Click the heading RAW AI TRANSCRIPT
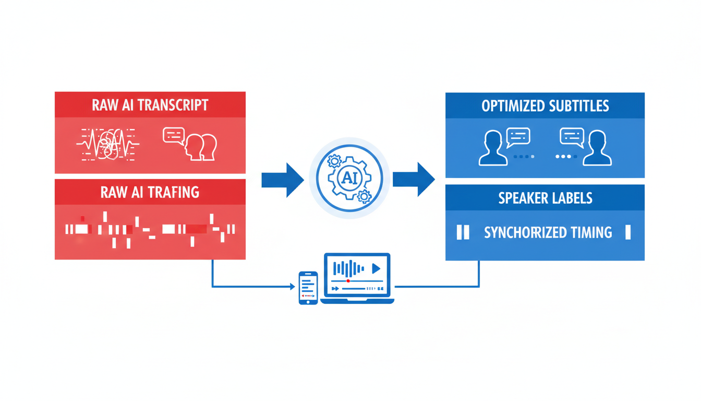[150, 105]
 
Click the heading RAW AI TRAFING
[150, 192]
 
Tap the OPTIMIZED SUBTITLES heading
[545, 106]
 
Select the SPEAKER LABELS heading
[545, 198]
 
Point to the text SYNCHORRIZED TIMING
[548, 232]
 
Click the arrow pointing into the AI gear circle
[282, 179]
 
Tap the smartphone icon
[308, 288]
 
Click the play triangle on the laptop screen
[376, 268]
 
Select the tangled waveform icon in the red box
[107, 143]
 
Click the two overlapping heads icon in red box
[201, 147]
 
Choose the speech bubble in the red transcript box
[174, 135]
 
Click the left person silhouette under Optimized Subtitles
[492, 148]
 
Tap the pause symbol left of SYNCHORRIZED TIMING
[463, 232]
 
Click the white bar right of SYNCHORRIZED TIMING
[627, 232]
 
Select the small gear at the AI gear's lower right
[364, 196]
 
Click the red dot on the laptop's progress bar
[348, 281]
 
